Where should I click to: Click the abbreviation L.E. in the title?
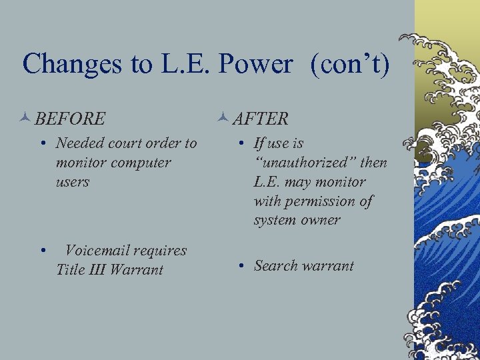point(179,64)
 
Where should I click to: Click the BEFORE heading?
point(70,119)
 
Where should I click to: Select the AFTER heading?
point(261,119)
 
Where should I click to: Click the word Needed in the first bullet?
point(80,143)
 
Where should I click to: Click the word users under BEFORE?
point(73,182)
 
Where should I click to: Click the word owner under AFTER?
point(320,220)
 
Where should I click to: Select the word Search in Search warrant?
point(275,266)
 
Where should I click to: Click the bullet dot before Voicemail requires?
point(43,252)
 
